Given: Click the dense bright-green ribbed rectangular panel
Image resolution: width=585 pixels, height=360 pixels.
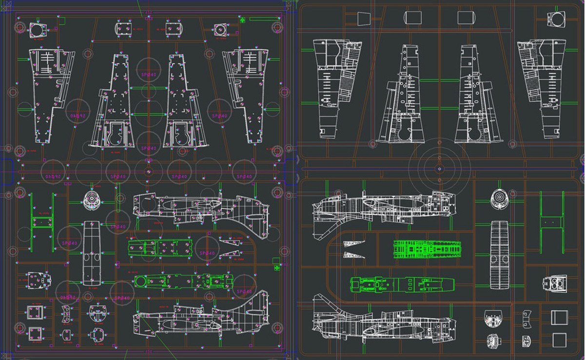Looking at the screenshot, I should (x=427, y=249).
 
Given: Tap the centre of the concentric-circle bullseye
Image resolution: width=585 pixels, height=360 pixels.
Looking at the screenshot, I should (x=439, y=169).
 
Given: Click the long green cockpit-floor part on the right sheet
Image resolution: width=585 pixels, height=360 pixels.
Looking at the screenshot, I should (x=402, y=284).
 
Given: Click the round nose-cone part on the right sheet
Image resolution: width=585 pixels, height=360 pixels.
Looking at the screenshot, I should (x=499, y=198).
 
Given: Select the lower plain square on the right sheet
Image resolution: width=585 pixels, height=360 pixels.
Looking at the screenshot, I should (x=559, y=340).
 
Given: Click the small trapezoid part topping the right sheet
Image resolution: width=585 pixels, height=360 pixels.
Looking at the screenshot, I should (x=364, y=19).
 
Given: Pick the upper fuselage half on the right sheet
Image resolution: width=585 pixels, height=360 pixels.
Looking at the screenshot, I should (x=383, y=207).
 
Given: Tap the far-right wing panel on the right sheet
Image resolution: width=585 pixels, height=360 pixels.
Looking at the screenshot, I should (x=541, y=88).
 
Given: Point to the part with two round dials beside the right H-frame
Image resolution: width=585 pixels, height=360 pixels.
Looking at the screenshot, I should (x=555, y=283).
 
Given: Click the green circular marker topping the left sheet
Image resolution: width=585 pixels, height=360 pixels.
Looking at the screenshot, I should (x=242, y=19).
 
